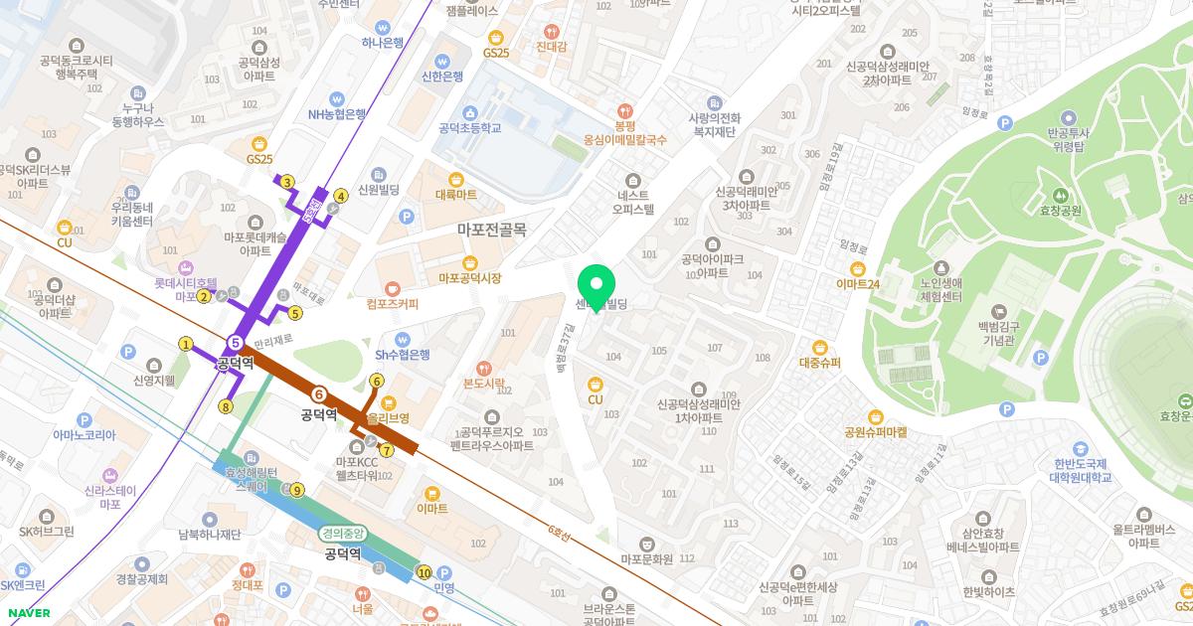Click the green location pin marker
pyautogui.click(x=596, y=286)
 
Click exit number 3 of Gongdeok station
pyautogui.click(x=286, y=182)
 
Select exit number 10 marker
pyautogui.click(x=425, y=572)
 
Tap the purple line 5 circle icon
pyautogui.click(x=236, y=344)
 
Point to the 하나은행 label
pyautogui.click(x=383, y=43)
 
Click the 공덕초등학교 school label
pyautogui.click(x=469, y=127)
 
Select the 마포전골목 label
pyautogui.click(x=491, y=229)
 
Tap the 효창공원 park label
pyautogui.click(x=1060, y=211)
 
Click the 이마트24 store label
pyautogui.click(x=858, y=284)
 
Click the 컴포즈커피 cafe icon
pyautogui.click(x=392, y=286)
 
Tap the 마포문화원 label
pyautogui.click(x=646, y=558)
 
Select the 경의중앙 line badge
pyautogui.click(x=343, y=534)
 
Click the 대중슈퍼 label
pyautogui.click(x=819, y=363)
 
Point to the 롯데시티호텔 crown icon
pyautogui.click(x=184, y=267)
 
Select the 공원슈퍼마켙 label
pyautogui.click(x=875, y=432)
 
